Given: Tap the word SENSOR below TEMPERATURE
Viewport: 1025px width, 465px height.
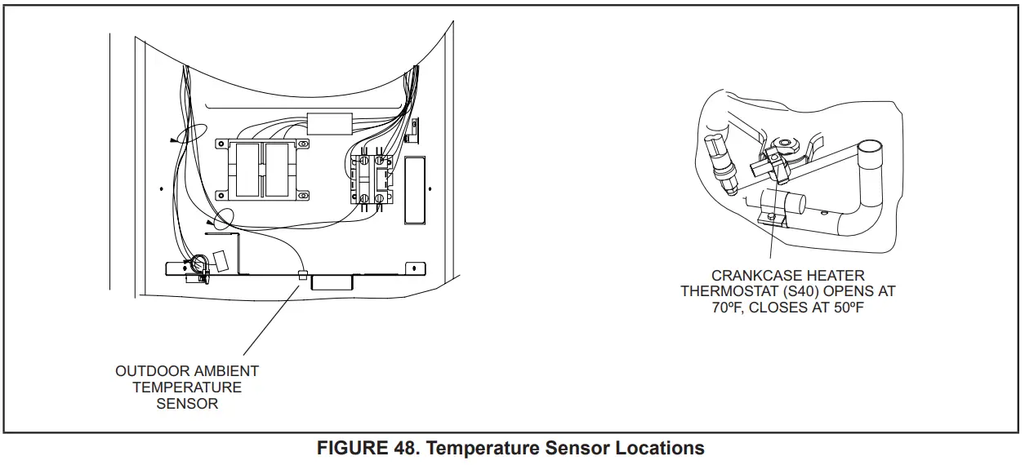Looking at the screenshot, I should (187, 404).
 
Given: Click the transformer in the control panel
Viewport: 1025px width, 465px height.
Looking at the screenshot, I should (262, 170).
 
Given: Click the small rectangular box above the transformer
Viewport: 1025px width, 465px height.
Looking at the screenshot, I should (328, 123).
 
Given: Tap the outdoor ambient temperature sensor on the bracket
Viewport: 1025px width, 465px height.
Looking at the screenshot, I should (302, 276).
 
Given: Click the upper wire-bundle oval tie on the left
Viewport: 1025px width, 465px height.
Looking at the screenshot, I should (190, 134).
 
